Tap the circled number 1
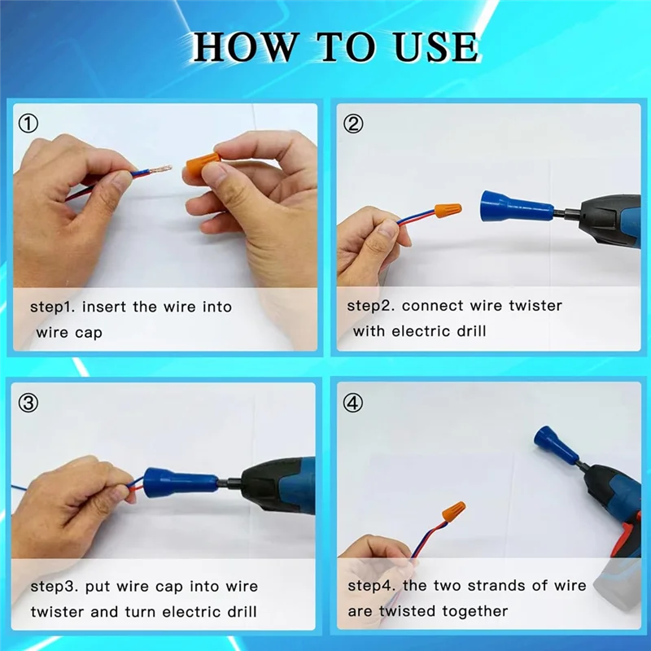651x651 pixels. tap(29, 124)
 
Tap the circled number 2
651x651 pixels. tap(353, 124)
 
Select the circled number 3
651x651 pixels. tap(29, 403)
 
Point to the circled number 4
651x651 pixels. tap(353, 403)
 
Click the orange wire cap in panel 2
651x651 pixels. tap(447, 211)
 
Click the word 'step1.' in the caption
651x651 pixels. tap(53, 307)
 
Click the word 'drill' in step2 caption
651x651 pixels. tap(469, 331)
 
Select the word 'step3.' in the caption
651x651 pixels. tap(55, 586)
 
